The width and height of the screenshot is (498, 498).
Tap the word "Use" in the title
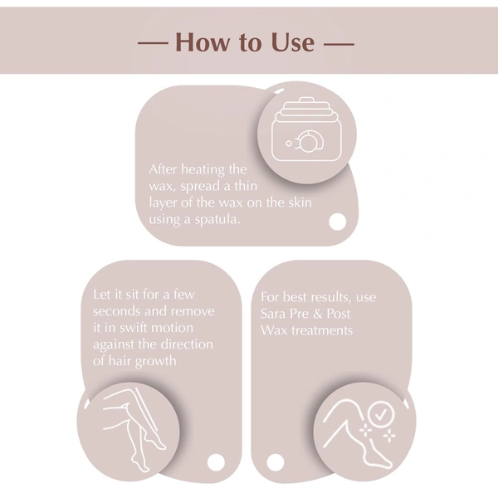[x=290, y=41]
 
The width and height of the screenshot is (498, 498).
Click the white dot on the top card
[x=337, y=222]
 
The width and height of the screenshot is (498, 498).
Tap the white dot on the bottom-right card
[x=276, y=461]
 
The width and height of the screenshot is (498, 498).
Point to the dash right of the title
[x=338, y=41]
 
